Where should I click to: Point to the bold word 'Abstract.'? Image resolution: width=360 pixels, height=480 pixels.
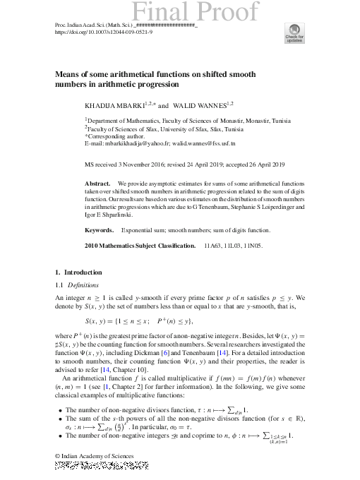(x=97, y=182)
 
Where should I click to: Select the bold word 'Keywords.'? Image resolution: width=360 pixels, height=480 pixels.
(x=100, y=230)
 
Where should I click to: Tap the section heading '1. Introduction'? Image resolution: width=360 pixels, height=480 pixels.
(x=78, y=272)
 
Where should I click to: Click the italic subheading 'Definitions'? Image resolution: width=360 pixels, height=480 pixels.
(x=85, y=284)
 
